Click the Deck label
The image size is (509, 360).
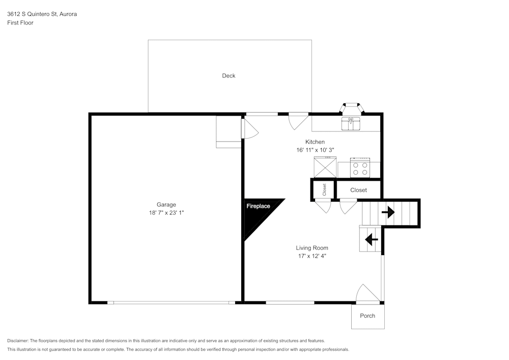coord(229,76)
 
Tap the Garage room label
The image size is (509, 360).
coord(166,205)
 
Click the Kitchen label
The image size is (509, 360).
coord(315,142)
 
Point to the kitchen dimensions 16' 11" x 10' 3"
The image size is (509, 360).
coord(315,150)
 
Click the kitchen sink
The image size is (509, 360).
coord(351,123)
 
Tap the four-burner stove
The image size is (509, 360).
coord(360,168)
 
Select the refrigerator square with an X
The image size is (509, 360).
coord(325,167)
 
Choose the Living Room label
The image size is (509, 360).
coord(312,248)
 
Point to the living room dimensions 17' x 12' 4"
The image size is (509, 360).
coord(312,256)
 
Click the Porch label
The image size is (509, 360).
coord(367,316)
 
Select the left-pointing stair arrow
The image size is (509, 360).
coord(371,239)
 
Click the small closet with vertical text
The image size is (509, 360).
coord(324,189)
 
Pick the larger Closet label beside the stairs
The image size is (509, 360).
coord(358,190)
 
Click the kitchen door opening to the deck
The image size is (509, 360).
coord(298,120)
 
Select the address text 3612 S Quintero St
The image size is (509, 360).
coord(42,14)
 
